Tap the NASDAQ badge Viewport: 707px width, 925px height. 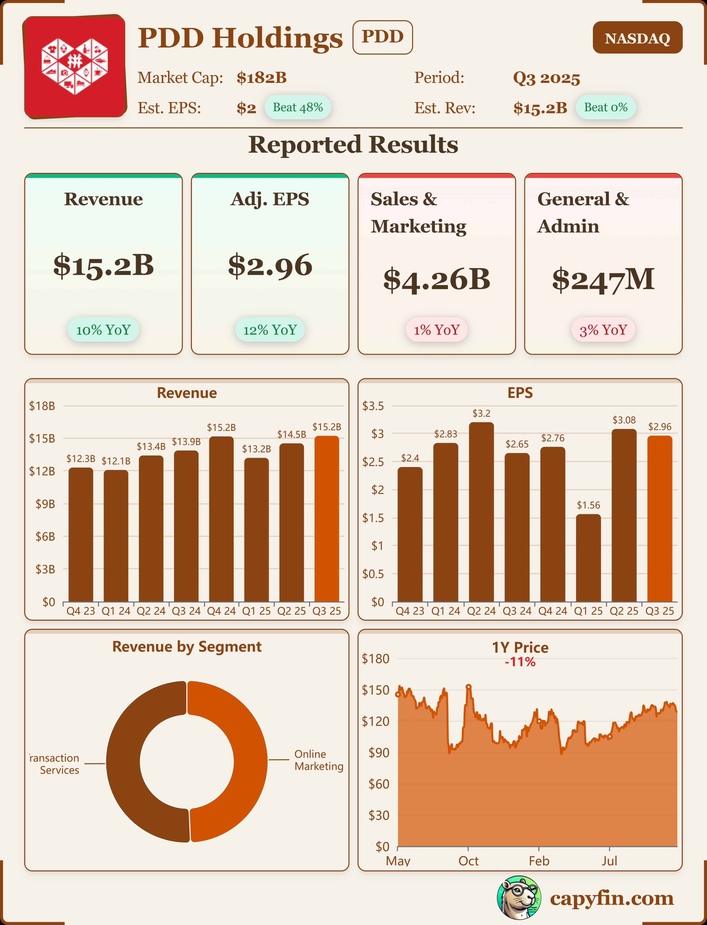[637, 38]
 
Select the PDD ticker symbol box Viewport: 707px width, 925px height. [382, 37]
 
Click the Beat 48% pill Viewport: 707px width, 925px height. [298, 107]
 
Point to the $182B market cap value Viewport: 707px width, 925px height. [261, 78]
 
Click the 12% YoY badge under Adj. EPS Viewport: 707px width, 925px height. [270, 330]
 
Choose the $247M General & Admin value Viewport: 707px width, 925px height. [603, 279]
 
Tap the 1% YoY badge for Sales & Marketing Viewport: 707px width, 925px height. [436, 330]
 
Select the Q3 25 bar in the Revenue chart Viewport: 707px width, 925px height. [327, 518]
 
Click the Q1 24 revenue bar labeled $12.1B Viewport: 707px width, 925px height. [116, 535]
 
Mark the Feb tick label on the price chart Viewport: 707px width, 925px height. [539, 861]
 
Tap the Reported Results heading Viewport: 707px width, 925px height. [353, 145]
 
